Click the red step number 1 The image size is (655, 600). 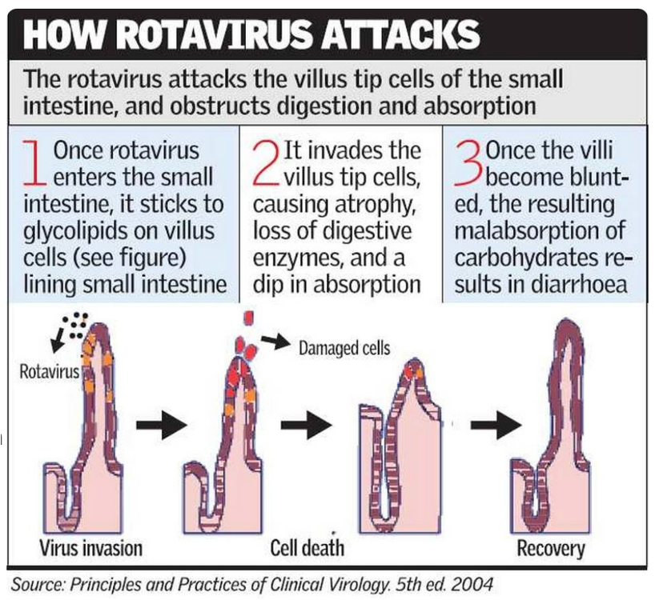pyautogui.click(x=34, y=163)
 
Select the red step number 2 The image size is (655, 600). pyautogui.click(x=266, y=163)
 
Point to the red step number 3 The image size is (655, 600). pyautogui.click(x=468, y=163)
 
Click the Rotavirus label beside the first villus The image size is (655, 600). pyautogui.click(x=50, y=371)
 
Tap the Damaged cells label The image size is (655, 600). pyautogui.click(x=344, y=348)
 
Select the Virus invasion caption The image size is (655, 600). pyautogui.click(x=90, y=548)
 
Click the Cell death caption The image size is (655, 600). pyautogui.click(x=307, y=548)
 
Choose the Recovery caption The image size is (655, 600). pyautogui.click(x=551, y=548)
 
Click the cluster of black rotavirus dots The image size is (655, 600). pyautogui.click(x=75, y=325)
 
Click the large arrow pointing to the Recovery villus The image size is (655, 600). pyautogui.click(x=496, y=425)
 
